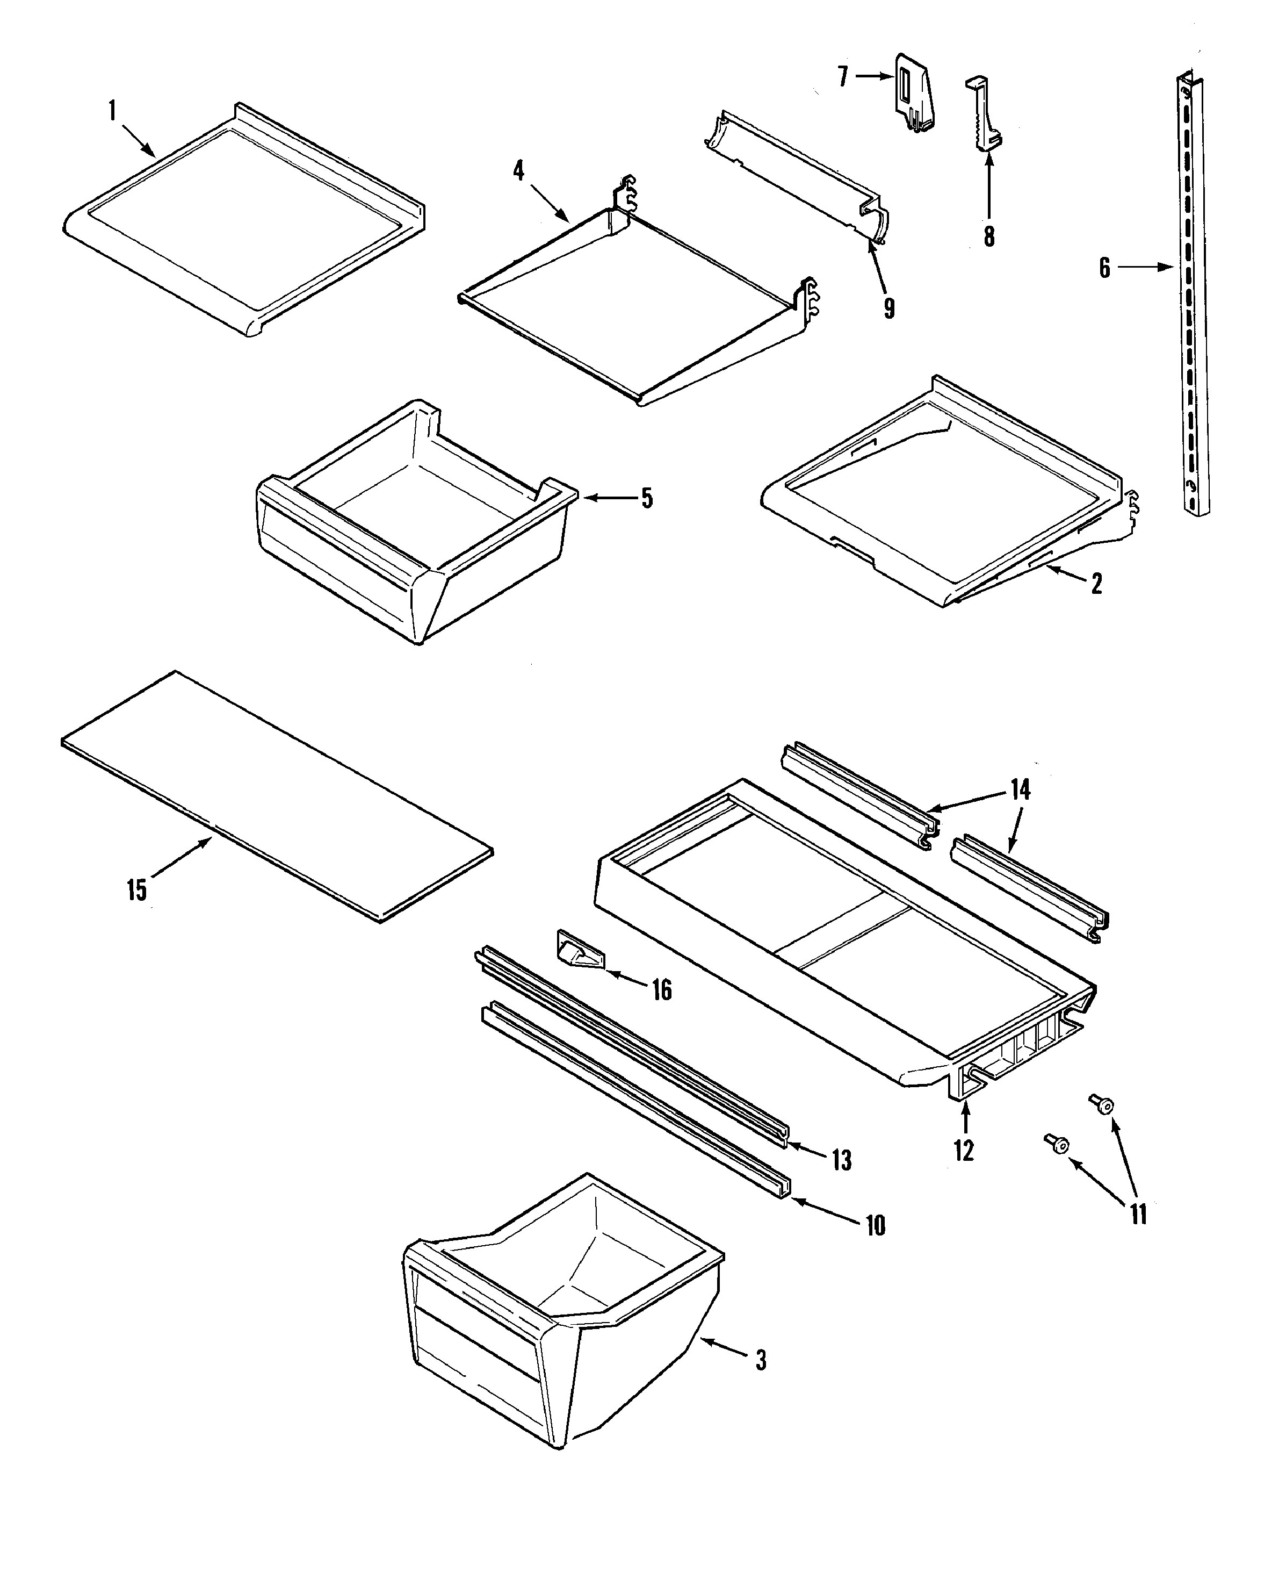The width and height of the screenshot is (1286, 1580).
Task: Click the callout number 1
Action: point(113,111)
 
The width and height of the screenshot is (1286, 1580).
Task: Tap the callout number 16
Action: point(661,989)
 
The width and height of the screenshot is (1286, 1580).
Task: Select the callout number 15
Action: point(137,890)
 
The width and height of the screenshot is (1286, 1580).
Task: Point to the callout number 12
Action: point(964,1150)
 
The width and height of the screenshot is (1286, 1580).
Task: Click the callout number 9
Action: point(889,307)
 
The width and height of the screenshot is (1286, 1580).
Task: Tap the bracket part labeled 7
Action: point(914,92)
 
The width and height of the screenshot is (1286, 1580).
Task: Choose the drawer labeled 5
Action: point(415,519)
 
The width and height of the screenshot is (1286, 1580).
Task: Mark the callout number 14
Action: point(1020,790)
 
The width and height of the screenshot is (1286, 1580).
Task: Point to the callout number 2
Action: point(1096,584)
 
